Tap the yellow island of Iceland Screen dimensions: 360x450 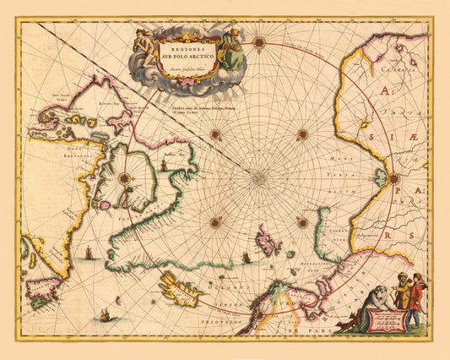pos(180,293)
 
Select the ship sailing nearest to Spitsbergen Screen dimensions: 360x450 pos(246,256)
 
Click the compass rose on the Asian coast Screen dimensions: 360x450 pos(393,177)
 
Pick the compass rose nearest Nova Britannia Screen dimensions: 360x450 pos(124,177)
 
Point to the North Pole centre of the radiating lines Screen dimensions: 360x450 pos(258,177)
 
